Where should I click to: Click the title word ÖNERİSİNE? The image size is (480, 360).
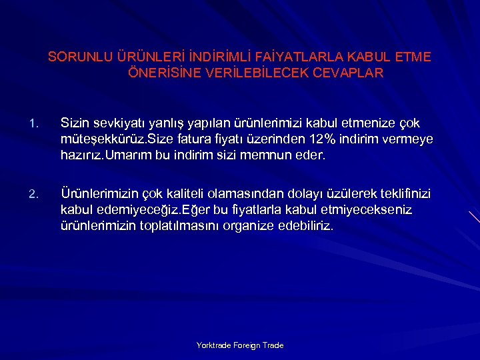pos(158,73)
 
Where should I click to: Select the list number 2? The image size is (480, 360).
pos(35,195)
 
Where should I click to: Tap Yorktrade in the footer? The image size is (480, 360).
pos(213,345)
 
